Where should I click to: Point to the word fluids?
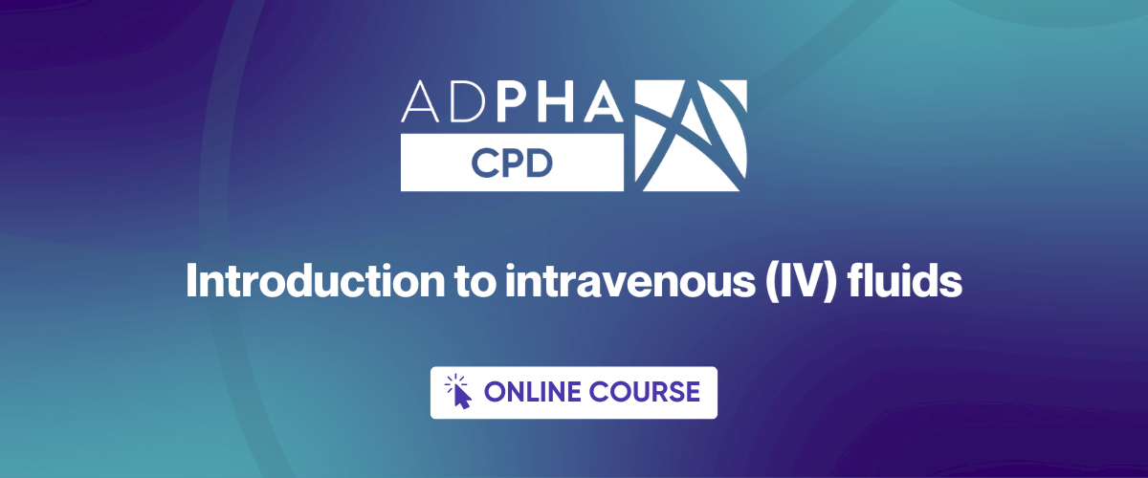[x=910, y=284]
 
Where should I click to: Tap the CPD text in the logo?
[x=512, y=162]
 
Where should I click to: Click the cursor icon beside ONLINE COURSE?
[x=459, y=391]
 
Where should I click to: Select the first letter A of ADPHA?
[x=418, y=101]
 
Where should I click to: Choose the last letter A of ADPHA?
[x=605, y=101]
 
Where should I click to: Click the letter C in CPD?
[x=483, y=162]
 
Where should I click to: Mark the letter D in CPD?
[x=541, y=162]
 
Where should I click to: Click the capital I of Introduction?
[x=191, y=284]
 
